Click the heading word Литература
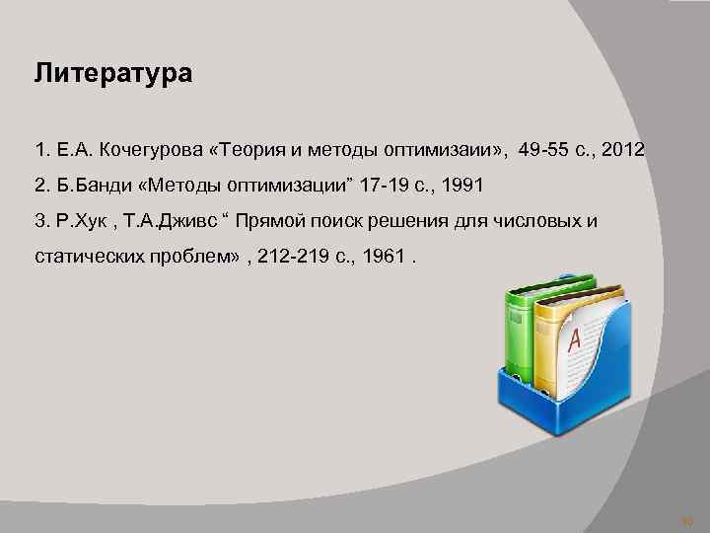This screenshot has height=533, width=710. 113,75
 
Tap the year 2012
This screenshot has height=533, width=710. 620,151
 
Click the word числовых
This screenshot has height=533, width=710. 531,219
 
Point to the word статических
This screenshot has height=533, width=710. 90,254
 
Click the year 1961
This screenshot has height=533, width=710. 386,254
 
